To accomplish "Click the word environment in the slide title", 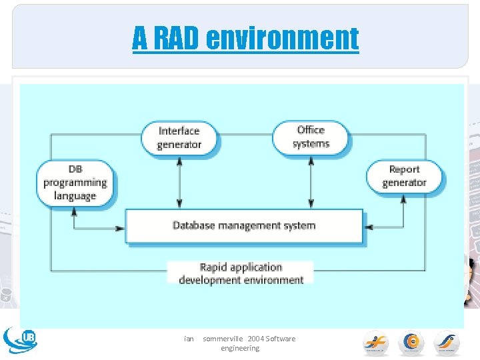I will click(282, 39).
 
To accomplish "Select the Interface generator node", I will click(179, 137).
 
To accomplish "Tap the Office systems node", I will click(311, 137).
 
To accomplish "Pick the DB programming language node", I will click(75, 183).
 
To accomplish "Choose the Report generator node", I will click(404, 176).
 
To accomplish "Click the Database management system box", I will click(244, 226).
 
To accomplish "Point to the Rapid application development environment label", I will click(241, 273).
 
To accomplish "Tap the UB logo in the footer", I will click(20, 339).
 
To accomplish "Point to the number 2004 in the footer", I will click(255, 339).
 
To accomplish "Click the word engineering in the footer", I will click(240, 349).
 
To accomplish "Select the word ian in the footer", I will click(189, 339).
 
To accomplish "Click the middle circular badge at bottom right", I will click(411, 343).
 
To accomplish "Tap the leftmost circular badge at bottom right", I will click(376, 343).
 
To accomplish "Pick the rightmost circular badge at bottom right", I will click(447, 343).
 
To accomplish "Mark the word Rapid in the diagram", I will click(214, 267).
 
